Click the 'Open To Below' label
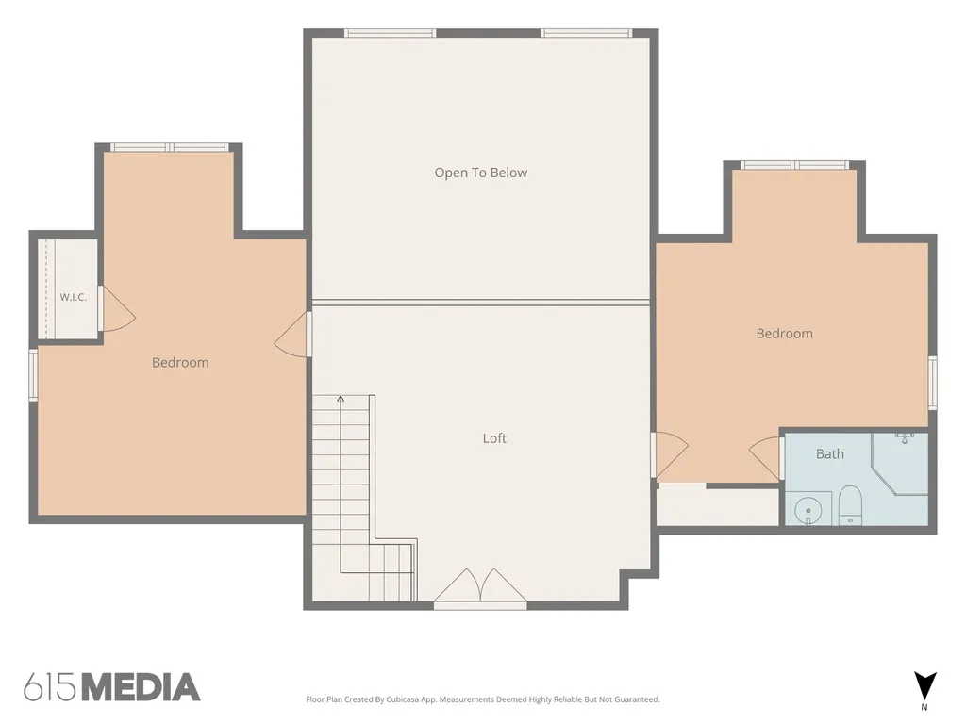(480, 173)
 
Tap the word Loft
(494, 438)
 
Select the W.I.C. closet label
(74, 297)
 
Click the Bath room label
(830, 454)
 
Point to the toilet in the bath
(850, 505)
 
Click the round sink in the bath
(808, 511)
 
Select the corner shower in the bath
(900, 463)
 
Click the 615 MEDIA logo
(112, 687)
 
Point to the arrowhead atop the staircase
(341, 399)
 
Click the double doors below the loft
(480, 588)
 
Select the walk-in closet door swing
(117, 309)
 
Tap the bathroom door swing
(766, 458)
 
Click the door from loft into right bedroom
(670, 454)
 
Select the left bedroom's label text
(180, 363)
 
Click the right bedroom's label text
(784, 334)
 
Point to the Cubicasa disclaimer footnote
(482, 699)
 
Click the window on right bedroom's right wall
(933, 383)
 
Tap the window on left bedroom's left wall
(33, 375)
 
